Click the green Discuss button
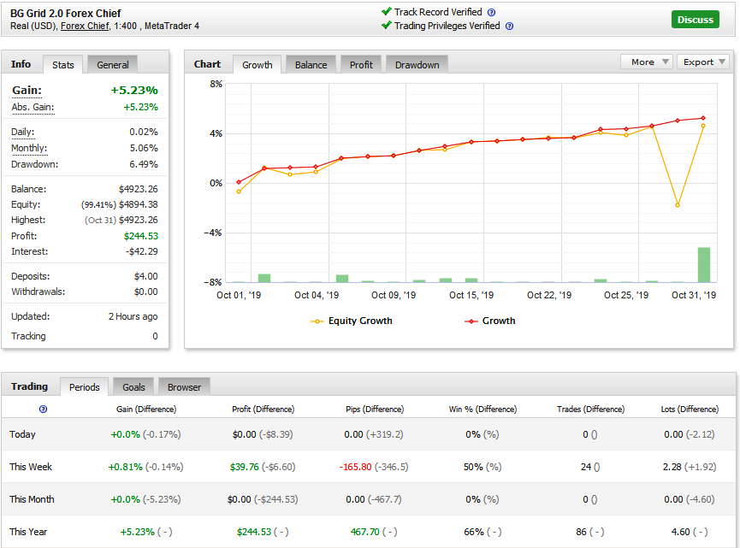[x=696, y=20]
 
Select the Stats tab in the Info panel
[x=62, y=65]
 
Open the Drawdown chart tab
[x=417, y=65]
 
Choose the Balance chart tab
[x=311, y=65]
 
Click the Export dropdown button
[x=703, y=62]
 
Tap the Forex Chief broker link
[x=85, y=26]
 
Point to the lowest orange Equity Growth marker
[x=678, y=205]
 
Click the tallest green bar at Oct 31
[x=704, y=264]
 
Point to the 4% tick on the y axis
[x=216, y=133]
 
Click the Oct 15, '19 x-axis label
[x=471, y=295]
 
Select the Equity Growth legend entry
[x=352, y=321]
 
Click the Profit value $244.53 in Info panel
[x=140, y=236]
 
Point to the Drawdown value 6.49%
[x=144, y=164]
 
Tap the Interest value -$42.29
[x=141, y=251]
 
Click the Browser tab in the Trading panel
[x=184, y=387]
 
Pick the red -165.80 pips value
[x=355, y=467]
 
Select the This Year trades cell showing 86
[x=581, y=532]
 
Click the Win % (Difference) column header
[x=482, y=410]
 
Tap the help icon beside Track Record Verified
[x=491, y=12]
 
